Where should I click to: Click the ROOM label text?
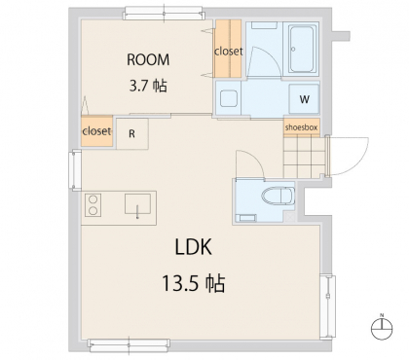148,59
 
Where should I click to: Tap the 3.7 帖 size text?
148,86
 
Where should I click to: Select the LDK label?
194,247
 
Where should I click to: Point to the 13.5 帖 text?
194,283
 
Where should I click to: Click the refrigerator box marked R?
132,133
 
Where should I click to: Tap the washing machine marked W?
304,99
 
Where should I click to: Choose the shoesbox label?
301,127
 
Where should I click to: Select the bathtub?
302,50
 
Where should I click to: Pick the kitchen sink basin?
137,204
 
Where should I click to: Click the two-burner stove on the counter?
93,205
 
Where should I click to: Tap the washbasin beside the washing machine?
229,98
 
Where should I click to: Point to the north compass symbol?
382,328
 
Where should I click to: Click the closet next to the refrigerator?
96,131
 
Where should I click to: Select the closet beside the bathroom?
228,49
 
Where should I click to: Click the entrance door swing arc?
363,162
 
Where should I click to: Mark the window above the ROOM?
164,14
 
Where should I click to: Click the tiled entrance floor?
304,157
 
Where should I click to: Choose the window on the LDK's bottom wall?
129,345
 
